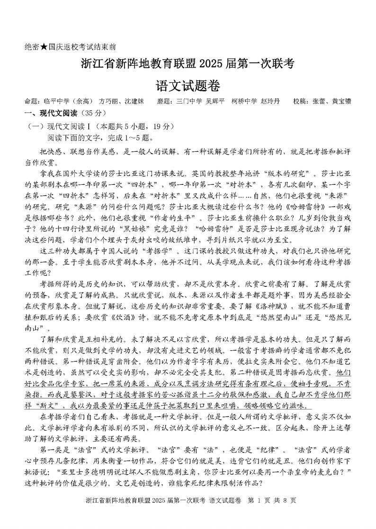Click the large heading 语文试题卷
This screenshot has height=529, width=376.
[x=188, y=85]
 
